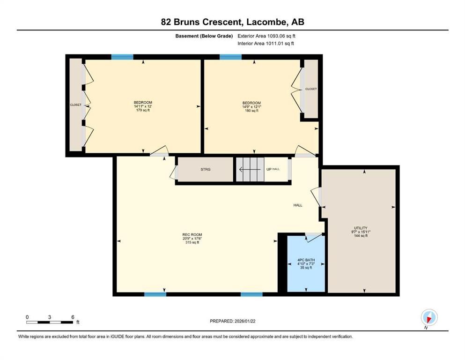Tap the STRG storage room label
[205, 169]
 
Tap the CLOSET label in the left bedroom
[76, 105]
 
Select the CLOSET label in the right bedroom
[311, 89]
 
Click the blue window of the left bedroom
[122, 57]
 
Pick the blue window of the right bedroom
[230, 57]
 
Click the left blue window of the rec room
[155, 294]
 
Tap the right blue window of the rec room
[251, 294]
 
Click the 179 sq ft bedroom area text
[143, 110]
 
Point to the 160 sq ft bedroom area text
[251, 111]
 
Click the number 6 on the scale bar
[73, 317]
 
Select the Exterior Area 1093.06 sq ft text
[266, 36]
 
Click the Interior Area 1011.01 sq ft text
[266, 44]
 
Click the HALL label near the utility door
[298, 205]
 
